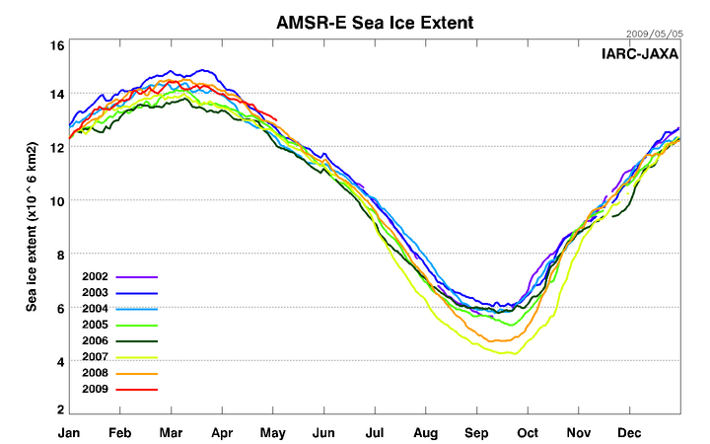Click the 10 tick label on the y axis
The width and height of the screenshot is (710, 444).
pyautogui.click(x=57, y=201)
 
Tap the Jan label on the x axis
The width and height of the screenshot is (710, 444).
pyautogui.click(x=69, y=431)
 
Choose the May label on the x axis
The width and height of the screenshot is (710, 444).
pyautogui.click(x=273, y=431)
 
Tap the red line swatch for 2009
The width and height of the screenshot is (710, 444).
pyautogui.click(x=137, y=390)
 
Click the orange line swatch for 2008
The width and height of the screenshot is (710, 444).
pyautogui.click(x=137, y=374)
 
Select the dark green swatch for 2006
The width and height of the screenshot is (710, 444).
pyautogui.click(x=137, y=341)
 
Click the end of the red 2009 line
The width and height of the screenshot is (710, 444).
pyautogui.click(x=277, y=120)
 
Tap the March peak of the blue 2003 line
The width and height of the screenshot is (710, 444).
pyautogui.click(x=204, y=70)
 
